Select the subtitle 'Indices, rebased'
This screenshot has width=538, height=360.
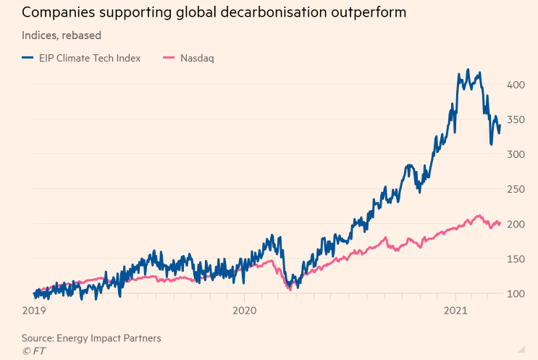click(x=62, y=35)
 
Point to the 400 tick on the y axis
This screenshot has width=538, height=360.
click(x=516, y=85)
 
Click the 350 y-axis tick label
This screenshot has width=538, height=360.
click(x=516, y=120)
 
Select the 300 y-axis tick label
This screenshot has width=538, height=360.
click(x=516, y=154)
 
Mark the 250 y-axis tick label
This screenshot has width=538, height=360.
click(x=516, y=189)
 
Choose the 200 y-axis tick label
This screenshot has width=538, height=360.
click(x=516, y=224)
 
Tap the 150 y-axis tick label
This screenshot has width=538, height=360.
click(x=516, y=259)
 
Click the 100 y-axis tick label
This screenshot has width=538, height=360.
click(x=516, y=293)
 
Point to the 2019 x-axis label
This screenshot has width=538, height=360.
click(x=35, y=310)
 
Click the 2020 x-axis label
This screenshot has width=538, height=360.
click(x=245, y=310)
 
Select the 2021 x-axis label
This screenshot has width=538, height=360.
click(x=456, y=310)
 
